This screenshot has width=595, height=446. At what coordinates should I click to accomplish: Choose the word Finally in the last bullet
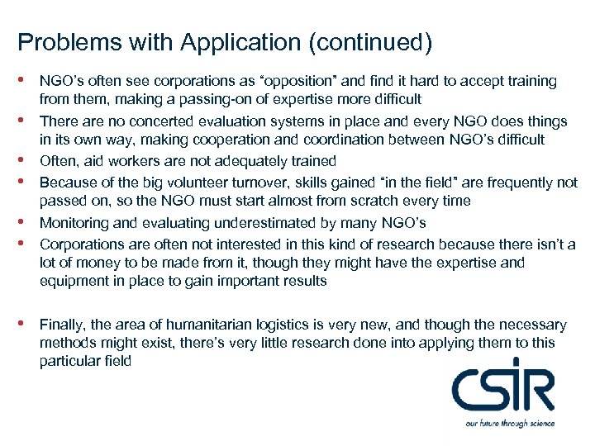tap(60, 325)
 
